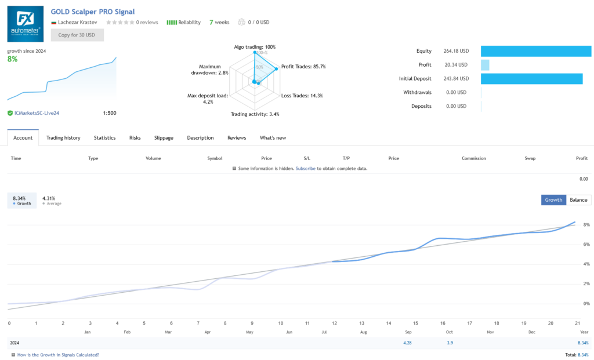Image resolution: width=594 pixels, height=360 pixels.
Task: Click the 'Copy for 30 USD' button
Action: (x=77, y=35)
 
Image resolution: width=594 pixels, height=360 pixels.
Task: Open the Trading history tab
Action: (x=63, y=138)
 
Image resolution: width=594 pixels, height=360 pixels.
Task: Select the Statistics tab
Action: (x=105, y=138)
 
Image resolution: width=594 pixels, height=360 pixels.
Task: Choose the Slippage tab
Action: (x=164, y=138)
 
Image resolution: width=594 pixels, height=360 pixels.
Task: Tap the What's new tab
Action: (x=273, y=138)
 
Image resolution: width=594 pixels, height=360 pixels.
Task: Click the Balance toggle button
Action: (x=578, y=199)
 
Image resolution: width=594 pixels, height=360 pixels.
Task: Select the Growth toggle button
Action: (x=553, y=199)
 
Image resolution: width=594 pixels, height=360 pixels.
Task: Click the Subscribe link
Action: (x=306, y=169)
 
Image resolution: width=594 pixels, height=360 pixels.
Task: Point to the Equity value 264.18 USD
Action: (x=455, y=51)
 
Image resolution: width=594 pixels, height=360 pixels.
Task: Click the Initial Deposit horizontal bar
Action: (x=531, y=79)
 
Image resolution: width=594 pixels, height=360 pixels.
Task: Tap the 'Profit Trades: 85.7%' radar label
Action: (x=303, y=67)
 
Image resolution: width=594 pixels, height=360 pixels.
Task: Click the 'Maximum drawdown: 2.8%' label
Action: (x=209, y=70)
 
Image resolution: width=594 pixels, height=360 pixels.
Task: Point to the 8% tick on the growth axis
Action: (x=586, y=225)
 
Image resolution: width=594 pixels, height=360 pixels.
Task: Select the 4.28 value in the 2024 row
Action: (x=407, y=343)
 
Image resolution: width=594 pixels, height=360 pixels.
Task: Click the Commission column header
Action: (x=474, y=158)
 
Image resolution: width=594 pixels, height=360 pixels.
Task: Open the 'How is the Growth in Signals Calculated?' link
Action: (x=58, y=355)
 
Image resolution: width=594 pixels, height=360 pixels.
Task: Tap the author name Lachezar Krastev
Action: (x=78, y=23)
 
